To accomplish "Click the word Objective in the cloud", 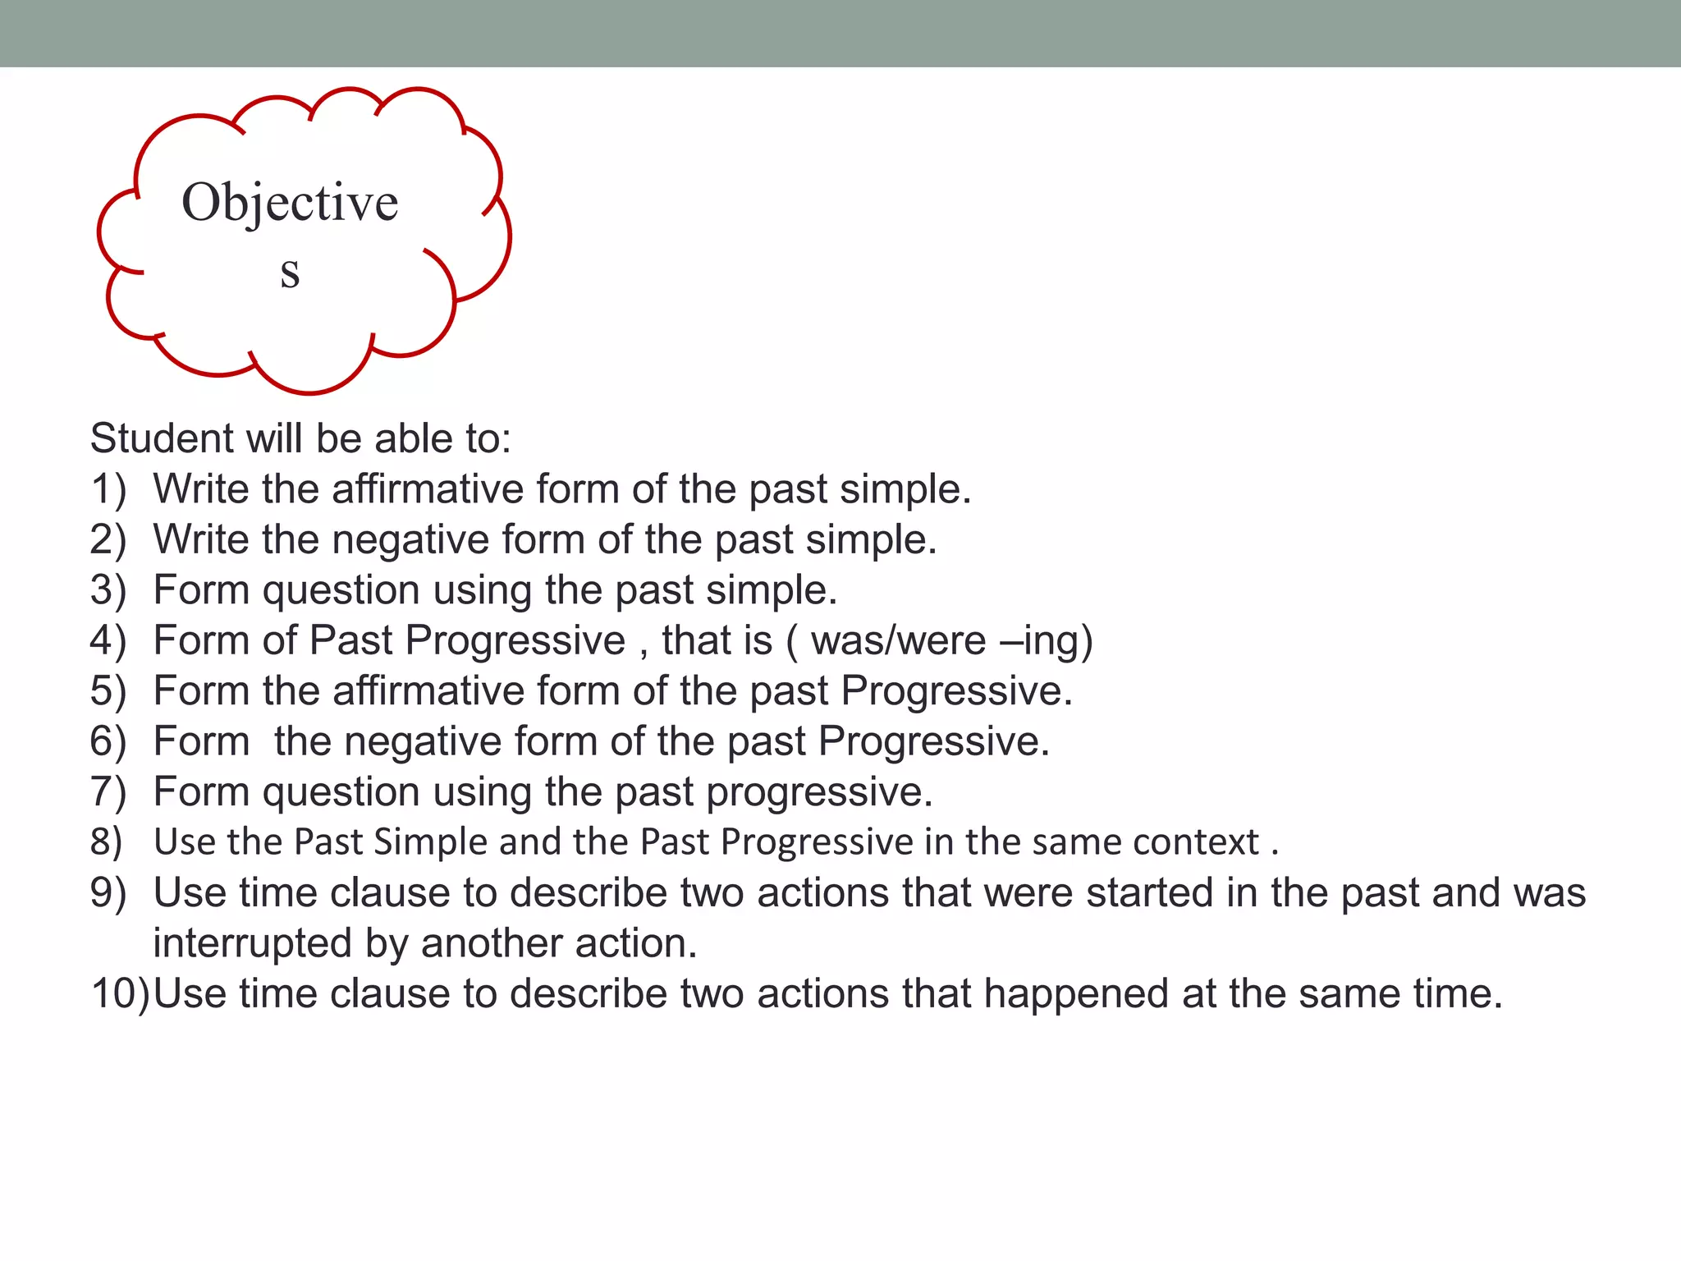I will click(290, 204).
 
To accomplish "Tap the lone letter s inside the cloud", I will click(290, 273).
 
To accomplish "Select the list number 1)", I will click(108, 489).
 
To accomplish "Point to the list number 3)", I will click(108, 590).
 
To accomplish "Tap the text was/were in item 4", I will click(898, 641).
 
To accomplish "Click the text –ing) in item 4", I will click(1047, 641).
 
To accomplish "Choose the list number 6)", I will click(108, 741).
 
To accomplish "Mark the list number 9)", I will click(108, 893).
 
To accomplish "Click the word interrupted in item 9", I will click(252, 944).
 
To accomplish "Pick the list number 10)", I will click(120, 994).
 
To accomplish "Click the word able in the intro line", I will click(410, 438).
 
